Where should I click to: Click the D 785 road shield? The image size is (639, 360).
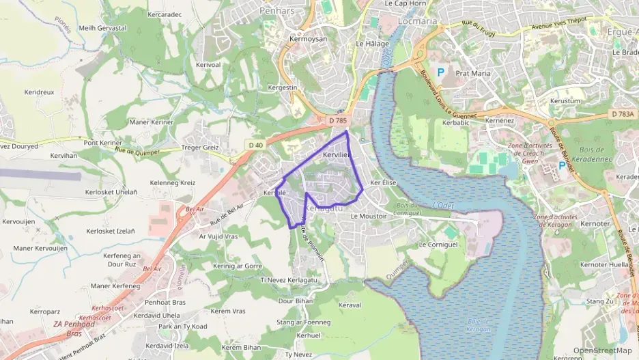tap(338, 120)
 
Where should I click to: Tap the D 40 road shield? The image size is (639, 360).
tap(256, 145)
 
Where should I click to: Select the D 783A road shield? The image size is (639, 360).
tap(623, 114)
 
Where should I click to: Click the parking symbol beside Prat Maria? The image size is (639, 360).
tap(441, 71)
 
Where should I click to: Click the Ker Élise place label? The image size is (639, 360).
tap(382, 183)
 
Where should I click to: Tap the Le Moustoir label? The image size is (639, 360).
tap(368, 216)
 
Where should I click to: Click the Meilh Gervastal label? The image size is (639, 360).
tap(102, 28)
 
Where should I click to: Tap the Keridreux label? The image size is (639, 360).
tap(39, 92)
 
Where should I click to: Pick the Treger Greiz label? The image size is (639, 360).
tap(200, 147)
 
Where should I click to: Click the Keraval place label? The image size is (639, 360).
tap(349, 305)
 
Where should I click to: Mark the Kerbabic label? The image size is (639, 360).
tap(456, 123)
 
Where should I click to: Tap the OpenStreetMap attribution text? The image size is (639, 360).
tap(601, 350)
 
